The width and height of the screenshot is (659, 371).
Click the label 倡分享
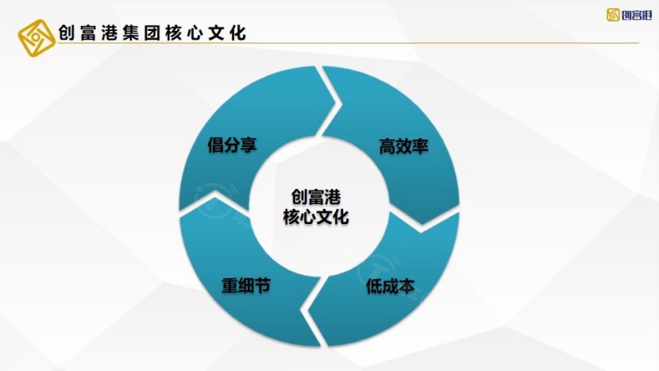[232, 145]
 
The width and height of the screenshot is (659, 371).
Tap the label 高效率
[403, 146]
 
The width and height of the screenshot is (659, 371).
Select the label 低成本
[390, 287]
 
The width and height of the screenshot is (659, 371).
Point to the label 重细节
[246, 286]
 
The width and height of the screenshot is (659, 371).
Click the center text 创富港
[316, 197]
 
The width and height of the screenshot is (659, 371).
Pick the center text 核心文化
[316, 217]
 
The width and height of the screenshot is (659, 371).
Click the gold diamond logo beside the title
[37, 38]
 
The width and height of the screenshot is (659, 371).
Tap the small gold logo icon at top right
[613, 15]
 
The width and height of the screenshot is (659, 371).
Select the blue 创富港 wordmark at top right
[636, 15]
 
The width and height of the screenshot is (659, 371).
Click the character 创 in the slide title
[67, 33]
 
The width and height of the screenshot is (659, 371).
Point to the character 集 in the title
[130, 33]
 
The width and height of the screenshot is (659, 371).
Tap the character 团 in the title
[152, 33]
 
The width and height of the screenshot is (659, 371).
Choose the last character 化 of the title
[238, 33]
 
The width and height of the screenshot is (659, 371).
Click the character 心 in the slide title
[195, 33]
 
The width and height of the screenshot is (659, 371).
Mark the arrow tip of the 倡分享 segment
[336, 102]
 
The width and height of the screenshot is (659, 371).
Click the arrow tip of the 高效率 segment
[421, 225]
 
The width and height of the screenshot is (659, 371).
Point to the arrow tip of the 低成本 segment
[307, 310]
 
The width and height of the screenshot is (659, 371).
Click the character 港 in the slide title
[109, 33]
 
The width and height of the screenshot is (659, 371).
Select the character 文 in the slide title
[216, 33]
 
